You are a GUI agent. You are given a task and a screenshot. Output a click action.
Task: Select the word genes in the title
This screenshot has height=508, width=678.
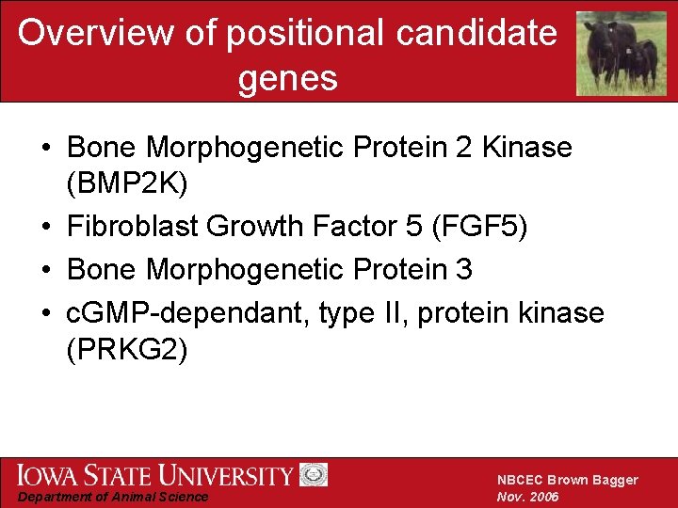(x=287, y=78)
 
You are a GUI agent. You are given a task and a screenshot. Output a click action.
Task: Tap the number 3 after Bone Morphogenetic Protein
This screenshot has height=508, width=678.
(x=463, y=270)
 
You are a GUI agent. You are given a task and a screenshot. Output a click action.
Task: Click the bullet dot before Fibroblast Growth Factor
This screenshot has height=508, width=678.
(x=45, y=228)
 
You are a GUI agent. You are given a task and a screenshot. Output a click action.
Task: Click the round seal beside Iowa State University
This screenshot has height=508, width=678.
(x=313, y=475)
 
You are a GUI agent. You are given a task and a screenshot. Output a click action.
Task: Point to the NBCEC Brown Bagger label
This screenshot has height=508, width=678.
(x=567, y=480)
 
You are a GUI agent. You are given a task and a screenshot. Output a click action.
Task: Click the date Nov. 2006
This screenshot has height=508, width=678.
(x=528, y=497)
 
